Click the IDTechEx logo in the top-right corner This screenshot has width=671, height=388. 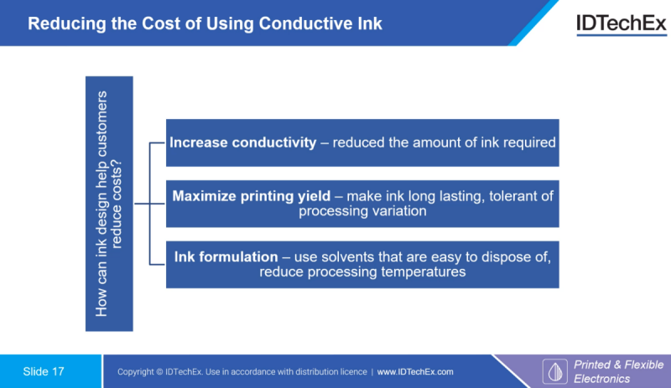622,24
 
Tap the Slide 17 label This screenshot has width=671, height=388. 44,371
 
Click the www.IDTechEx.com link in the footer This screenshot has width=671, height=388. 415,372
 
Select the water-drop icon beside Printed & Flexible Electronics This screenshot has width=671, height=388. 555,371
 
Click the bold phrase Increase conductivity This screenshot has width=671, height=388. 242,142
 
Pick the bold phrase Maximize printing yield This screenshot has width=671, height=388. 251,196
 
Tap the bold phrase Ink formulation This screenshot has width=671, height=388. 226,256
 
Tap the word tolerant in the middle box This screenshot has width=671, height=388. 512,196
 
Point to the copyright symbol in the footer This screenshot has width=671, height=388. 159,372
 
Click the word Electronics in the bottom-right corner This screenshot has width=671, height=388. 601,379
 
